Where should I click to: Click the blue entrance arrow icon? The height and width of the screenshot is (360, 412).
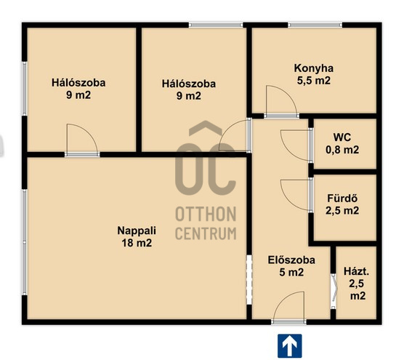290,345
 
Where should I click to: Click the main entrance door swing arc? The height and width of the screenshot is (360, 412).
282,299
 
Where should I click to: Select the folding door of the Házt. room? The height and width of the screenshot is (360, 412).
334,291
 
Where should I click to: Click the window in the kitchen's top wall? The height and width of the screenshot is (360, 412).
315,25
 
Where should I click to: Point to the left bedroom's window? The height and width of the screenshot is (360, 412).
25,88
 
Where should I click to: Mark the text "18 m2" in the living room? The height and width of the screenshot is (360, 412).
137,242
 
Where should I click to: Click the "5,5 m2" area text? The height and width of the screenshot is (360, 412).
314,80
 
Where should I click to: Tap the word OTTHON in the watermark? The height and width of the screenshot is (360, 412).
206,214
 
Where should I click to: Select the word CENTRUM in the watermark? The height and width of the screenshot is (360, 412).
206,233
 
